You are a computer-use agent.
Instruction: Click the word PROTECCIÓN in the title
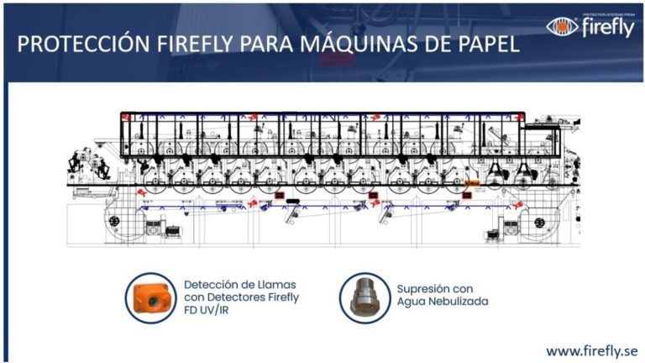click(83, 45)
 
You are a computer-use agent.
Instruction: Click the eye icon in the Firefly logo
click(562, 26)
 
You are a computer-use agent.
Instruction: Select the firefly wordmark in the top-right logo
click(608, 28)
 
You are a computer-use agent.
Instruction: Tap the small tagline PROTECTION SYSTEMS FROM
click(609, 15)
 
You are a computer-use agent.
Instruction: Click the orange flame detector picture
click(151, 298)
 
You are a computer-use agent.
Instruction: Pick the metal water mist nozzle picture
click(364, 297)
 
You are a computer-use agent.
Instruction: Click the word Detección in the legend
click(211, 285)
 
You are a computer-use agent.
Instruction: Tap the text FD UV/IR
click(206, 310)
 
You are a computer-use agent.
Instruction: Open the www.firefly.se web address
click(592, 351)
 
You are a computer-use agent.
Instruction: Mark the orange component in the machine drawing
click(472, 182)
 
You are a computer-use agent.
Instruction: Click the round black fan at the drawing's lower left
click(115, 222)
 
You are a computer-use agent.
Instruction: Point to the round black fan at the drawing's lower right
click(540, 223)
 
